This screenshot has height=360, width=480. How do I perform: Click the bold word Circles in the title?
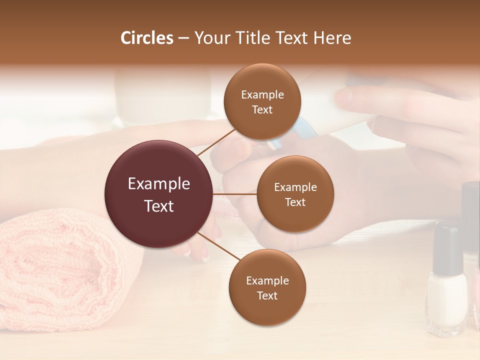point(147,38)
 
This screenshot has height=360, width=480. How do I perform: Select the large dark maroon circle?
point(159,194)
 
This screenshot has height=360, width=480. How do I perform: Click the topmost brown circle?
point(262,101)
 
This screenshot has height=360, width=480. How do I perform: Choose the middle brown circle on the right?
point(295,194)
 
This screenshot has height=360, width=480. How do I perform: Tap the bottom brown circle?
point(267,287)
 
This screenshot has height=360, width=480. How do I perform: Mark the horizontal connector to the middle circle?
point(235,194)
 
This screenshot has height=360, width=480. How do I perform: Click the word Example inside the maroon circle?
point(159,184)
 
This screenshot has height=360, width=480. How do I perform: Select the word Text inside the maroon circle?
point(159,206)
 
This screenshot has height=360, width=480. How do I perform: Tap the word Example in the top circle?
point(262,94)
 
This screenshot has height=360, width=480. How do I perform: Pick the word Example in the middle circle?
point(295,187)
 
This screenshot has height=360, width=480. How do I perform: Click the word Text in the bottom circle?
point(267,295)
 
